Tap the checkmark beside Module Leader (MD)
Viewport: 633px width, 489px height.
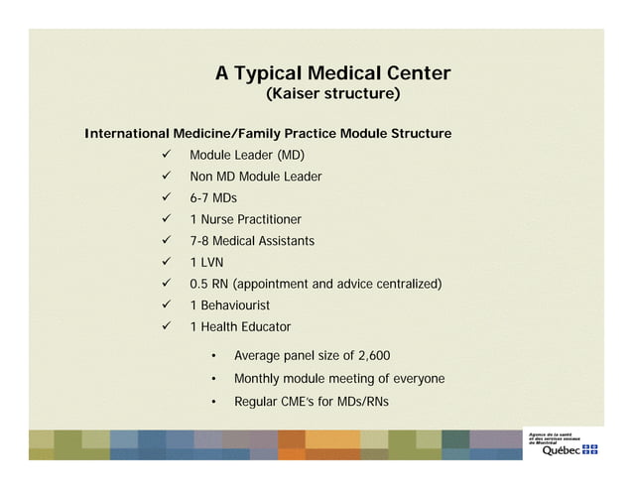167,156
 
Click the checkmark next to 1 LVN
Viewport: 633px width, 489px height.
167,263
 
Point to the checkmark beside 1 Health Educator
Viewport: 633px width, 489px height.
167,326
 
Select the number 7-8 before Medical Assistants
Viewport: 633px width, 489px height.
199,241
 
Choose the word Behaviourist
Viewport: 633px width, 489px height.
235,306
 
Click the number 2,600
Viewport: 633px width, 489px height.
373,355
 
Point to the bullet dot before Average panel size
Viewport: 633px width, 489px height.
214,356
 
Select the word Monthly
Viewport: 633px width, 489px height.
256,379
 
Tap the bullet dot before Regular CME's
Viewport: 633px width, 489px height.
214,403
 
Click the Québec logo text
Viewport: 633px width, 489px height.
560,449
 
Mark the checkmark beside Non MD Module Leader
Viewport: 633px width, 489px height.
167,178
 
